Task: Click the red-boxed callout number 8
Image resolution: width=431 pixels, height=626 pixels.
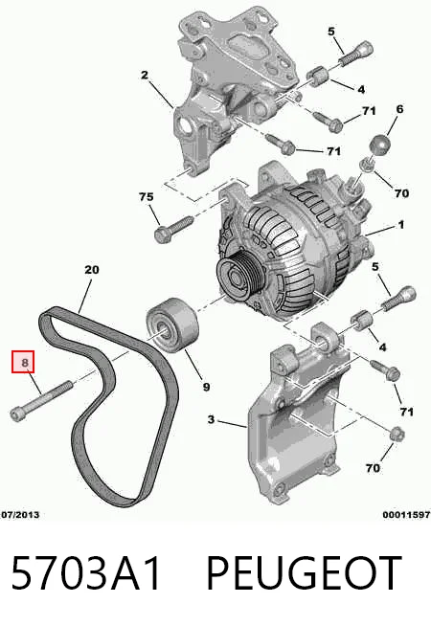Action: [25, 363]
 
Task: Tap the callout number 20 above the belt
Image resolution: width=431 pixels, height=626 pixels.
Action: [92, 270]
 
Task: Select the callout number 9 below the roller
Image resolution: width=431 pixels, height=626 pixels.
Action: [206, 387]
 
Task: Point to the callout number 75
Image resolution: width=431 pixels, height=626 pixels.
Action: [147, 197]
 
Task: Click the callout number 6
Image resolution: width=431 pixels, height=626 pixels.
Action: [399, 108]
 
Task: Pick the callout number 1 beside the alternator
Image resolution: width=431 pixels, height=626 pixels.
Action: [401, 225]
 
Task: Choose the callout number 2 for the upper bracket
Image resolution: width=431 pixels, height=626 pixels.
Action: [145, 75]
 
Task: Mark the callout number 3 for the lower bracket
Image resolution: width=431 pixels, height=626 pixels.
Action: [211, 419]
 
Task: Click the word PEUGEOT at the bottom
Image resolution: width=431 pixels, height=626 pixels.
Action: [304, 572]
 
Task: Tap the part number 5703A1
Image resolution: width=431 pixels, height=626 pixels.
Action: [86, 572]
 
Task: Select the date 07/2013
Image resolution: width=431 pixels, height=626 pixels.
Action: [20, 515]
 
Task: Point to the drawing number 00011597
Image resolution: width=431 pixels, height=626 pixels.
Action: [406, 515]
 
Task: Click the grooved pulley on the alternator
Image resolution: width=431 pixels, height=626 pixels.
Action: [237, 277]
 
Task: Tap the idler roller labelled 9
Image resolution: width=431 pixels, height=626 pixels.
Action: [171, 324]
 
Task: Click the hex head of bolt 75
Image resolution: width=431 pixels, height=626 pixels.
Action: [161, 234]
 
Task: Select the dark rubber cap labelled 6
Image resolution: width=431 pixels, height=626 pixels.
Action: [380, 145]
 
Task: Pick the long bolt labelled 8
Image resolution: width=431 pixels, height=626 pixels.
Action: [41, 402]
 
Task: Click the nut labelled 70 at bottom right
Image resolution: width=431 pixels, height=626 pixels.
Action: [397, 434]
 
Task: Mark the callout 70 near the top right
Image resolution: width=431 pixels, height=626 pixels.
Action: [401, 193]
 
